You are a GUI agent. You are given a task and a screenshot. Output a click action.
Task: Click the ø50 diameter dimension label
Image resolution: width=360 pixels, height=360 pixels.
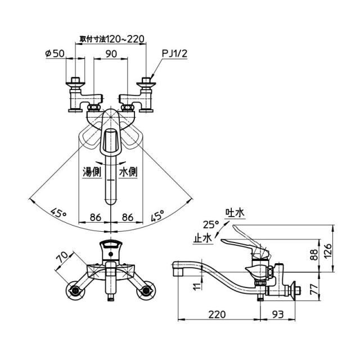click(55, 54)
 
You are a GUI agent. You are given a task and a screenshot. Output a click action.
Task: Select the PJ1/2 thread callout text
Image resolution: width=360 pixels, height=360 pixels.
click(175, 53)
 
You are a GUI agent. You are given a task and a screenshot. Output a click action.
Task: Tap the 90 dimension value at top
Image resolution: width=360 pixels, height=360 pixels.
click(111, 54)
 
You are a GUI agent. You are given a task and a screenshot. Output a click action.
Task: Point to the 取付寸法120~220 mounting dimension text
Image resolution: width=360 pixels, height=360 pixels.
click(112, 39)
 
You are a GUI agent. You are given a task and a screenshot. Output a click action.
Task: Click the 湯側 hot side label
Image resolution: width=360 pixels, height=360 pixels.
click(92, 172)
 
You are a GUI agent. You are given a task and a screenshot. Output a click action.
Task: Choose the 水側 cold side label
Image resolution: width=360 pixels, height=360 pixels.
click(128, 172)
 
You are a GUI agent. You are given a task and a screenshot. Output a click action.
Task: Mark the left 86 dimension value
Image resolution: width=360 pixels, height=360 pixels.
click(95, 217)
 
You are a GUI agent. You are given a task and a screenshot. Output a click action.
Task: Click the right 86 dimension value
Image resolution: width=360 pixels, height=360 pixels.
click(128, 217)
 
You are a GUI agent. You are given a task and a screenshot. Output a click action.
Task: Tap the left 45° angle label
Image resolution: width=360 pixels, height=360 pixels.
click(58, 213)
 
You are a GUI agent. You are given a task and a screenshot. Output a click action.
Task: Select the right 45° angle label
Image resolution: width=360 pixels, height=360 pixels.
click(157, 215)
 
